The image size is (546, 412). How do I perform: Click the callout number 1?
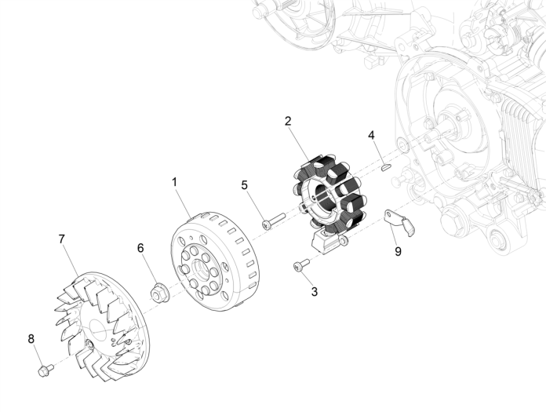pyautogui.click(x=174, y=181)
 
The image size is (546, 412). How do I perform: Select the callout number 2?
pyautogui.click(x=288, y=121)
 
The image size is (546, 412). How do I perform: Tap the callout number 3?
pyautogui.click(x=315, y=291)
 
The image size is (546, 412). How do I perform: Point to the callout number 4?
pyautogui.click(x=371, y=135)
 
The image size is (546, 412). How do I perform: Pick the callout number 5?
pyautogui.click(x=244, y=185)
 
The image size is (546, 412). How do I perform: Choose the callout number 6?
pyautogui.click(x=140, y=247)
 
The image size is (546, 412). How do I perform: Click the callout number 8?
pyautogui.click(x=31, y=338)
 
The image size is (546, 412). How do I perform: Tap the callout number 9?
pyautogui.click(x=398, y=252)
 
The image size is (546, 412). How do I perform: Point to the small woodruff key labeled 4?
pyautogui.click(x=386, y=166)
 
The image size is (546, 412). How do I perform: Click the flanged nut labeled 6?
pyautogui.click(x=158, y=293)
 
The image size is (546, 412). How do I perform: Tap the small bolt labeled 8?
pyautogui.click(x=42, y=366)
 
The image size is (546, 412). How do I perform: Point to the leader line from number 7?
pyautogui.click(x=72, y=259)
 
